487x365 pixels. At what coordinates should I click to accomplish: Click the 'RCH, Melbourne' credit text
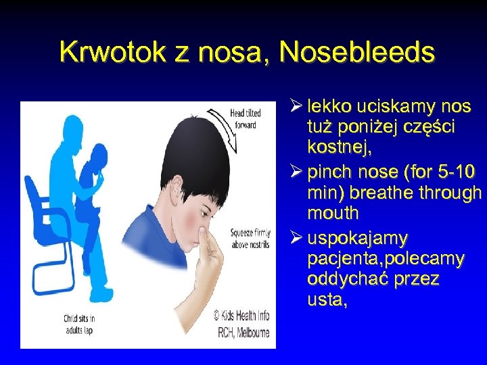(241, 331)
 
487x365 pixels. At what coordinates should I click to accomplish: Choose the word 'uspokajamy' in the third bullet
(357, 239)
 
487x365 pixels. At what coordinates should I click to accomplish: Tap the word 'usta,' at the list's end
(327, 299)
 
